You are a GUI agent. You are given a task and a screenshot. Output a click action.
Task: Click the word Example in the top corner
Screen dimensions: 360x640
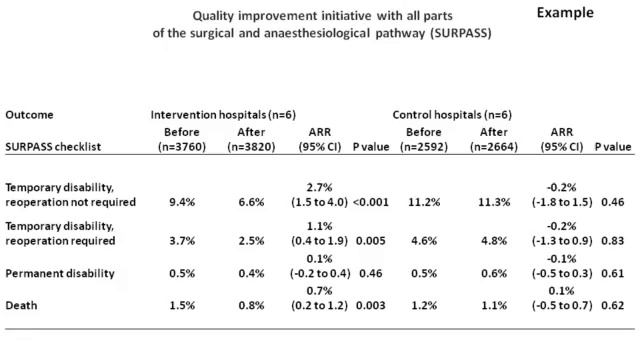565,14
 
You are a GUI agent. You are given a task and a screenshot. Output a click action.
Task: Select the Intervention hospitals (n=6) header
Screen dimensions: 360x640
222,115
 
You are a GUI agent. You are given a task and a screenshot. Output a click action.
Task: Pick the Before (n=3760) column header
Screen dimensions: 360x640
183,139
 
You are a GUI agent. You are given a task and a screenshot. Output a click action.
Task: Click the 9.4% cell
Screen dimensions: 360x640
183,203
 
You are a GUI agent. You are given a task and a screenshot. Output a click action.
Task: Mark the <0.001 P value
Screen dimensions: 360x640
371,203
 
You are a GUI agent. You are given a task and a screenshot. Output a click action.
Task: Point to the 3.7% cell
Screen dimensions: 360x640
183,240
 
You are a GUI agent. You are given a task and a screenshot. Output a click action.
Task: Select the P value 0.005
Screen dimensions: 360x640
371,240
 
